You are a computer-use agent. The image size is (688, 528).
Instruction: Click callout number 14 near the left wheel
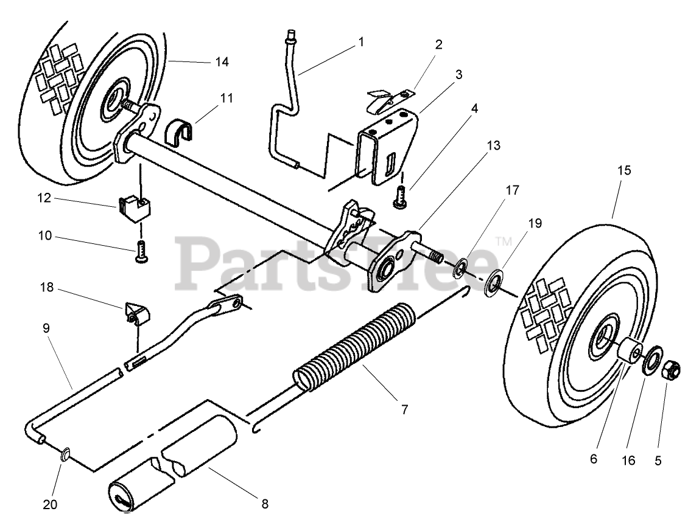(x=222, y=61)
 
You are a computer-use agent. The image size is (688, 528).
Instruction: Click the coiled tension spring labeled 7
(x=353, y=350)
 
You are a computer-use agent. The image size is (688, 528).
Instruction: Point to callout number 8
(x=264, y=504)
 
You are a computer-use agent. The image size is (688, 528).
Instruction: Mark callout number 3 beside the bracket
(x=458, y=75)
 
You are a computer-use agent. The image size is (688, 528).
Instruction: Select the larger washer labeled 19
(x=490, y=283)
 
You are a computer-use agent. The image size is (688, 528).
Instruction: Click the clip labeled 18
(x=136, y=313)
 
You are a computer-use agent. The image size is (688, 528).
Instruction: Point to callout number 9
(x=46, y=327)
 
